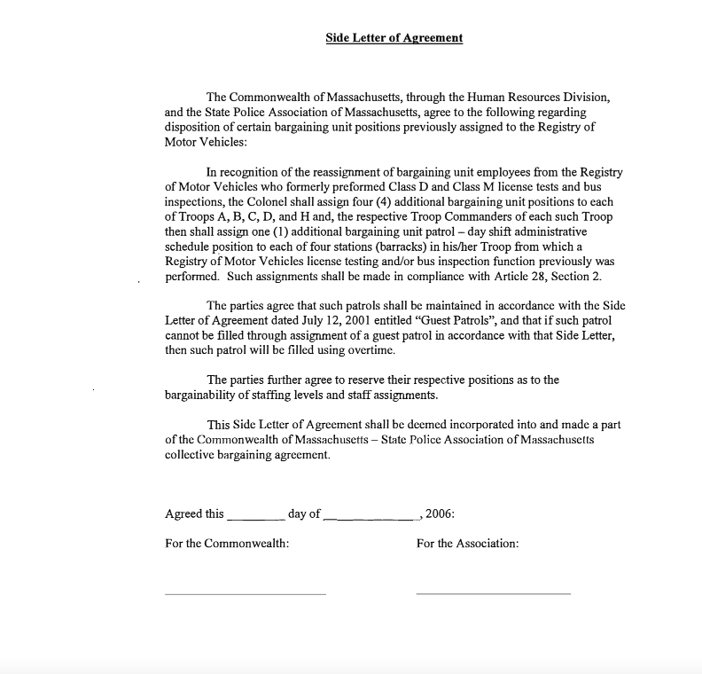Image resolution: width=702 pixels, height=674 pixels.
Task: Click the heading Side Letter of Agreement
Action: tap(394, 38)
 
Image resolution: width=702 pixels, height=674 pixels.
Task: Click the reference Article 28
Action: tap(532, 276)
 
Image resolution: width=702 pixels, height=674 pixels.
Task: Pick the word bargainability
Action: tap(203, 396)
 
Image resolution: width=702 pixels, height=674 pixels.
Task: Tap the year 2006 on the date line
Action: tap(440, 513)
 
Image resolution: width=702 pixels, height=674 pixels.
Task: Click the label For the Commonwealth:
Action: tap(227, 543)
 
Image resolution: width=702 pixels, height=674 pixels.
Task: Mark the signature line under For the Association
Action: tap(493, 593)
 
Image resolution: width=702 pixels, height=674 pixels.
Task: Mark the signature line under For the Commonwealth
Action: tap(246, 593)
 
